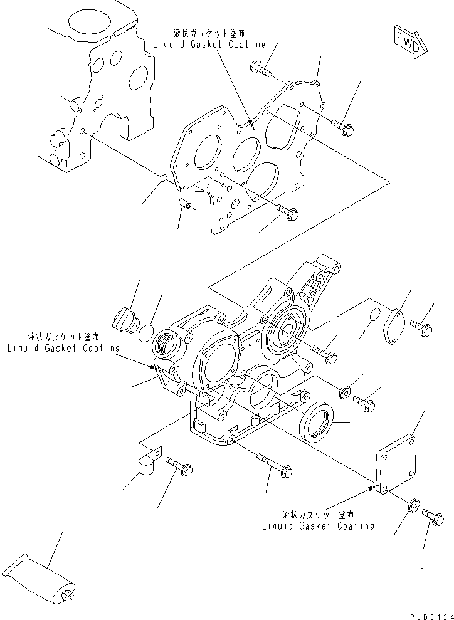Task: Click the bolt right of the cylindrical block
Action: [x=178, y=466]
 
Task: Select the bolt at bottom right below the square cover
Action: [x=431, y=515]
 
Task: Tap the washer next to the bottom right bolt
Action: [x=413, y=505]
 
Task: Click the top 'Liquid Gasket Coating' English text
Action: [x=209, y=45]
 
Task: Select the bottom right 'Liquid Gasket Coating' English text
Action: [x=318, y=526]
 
